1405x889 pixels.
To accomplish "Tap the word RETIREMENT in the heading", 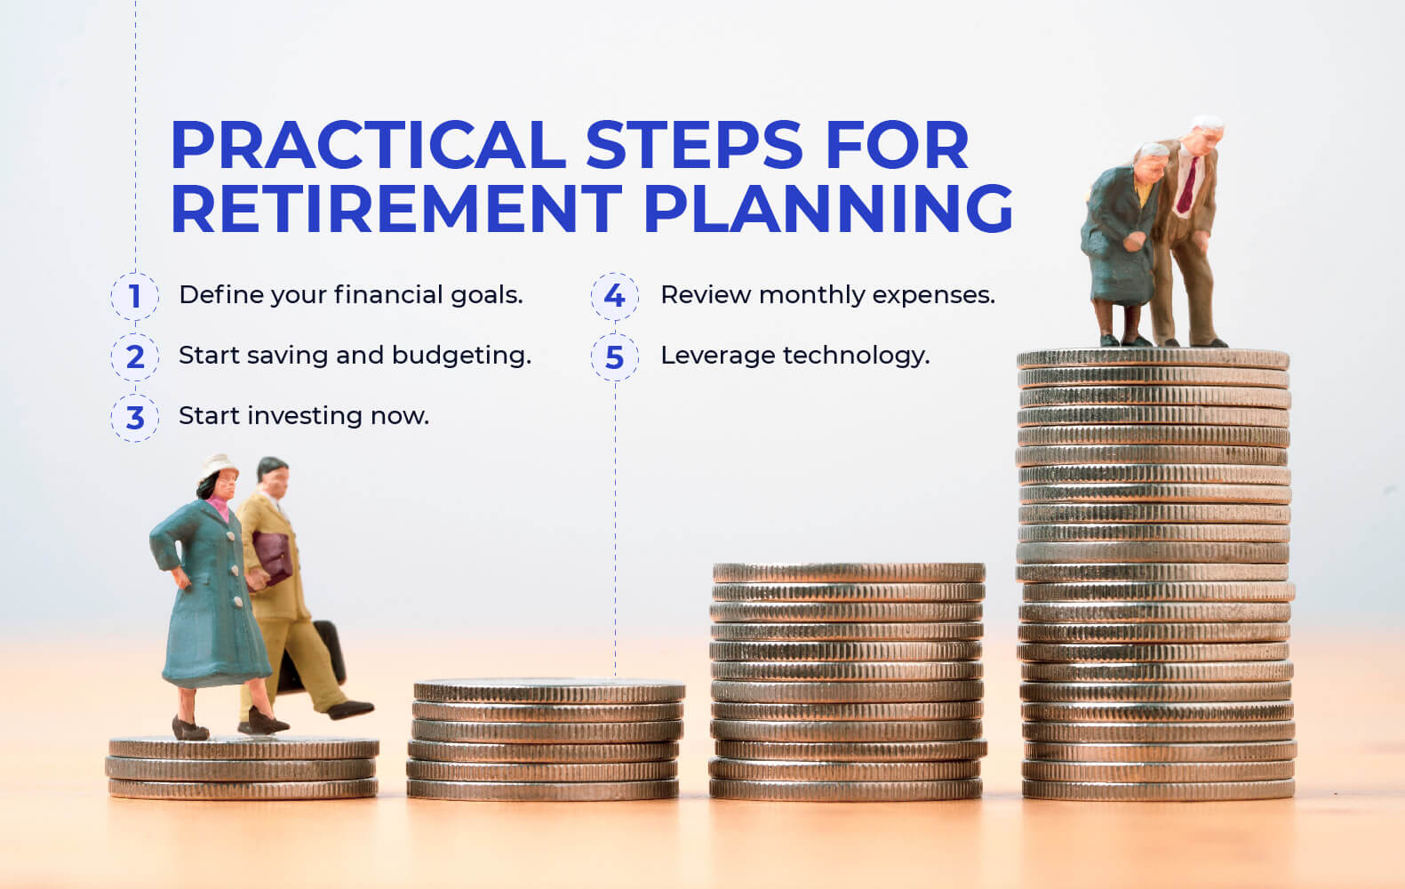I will (x=396, y=209).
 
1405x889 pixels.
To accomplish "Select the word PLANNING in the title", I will (x=827, y=209).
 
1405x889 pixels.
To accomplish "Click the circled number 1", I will (x=135, y=296).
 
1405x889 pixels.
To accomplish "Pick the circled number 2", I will (x=135, y=356).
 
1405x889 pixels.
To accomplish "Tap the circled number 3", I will (x=135, y=417).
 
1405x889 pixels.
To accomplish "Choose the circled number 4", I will (x=615, y=296).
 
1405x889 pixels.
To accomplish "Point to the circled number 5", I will (x=615, y=357).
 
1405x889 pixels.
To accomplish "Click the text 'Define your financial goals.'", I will (x=350, y=295).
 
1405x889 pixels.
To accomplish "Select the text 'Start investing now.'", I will (x=303, y=416).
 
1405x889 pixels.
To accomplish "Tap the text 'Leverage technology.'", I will (x=794, y=356).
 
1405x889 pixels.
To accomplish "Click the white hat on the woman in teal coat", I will (x=217, y=467).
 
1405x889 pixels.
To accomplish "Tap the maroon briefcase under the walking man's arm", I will (x=271, y=556).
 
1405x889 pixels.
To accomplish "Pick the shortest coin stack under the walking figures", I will (x=243, y=768).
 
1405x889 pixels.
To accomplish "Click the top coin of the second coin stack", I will (x=548, y=691).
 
